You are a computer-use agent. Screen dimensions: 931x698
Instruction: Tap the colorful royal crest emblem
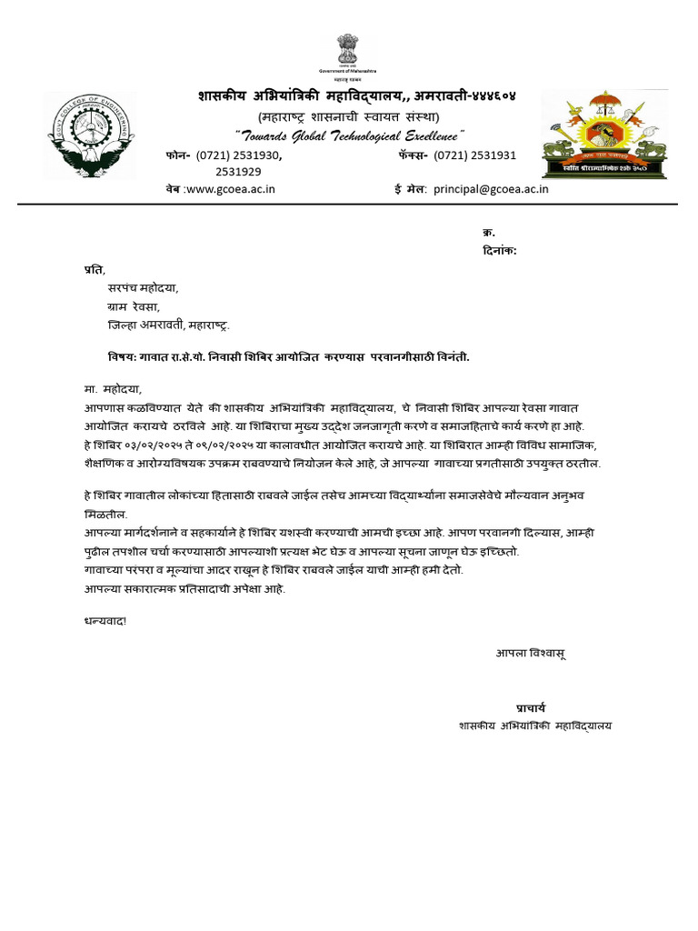pos(603,135)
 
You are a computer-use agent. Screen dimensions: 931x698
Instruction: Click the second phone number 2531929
pos(238,172)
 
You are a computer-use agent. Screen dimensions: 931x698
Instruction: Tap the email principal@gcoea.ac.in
pos(491,189)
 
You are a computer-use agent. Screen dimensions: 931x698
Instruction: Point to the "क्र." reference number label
pos(488,233)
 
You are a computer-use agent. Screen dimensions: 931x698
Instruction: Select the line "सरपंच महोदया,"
pos(145,287)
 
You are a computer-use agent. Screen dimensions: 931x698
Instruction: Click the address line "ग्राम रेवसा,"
pos(134,306)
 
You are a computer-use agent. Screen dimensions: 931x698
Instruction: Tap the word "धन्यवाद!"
pos(95,621)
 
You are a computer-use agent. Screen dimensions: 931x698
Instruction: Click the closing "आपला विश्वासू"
pos(532,653)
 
